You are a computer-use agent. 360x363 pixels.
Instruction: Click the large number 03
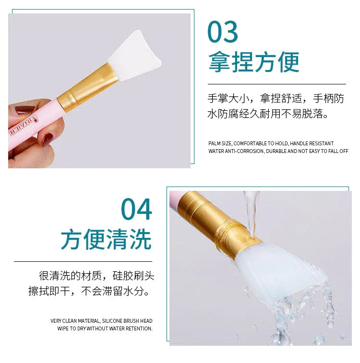click(223, 32)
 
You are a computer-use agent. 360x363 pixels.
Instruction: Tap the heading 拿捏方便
click(253, 62)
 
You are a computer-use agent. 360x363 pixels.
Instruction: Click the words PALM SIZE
click(220, 143)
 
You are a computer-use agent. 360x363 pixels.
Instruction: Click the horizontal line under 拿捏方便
click(276, 84)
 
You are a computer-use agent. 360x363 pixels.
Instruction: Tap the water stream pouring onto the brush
click(250, 206)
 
